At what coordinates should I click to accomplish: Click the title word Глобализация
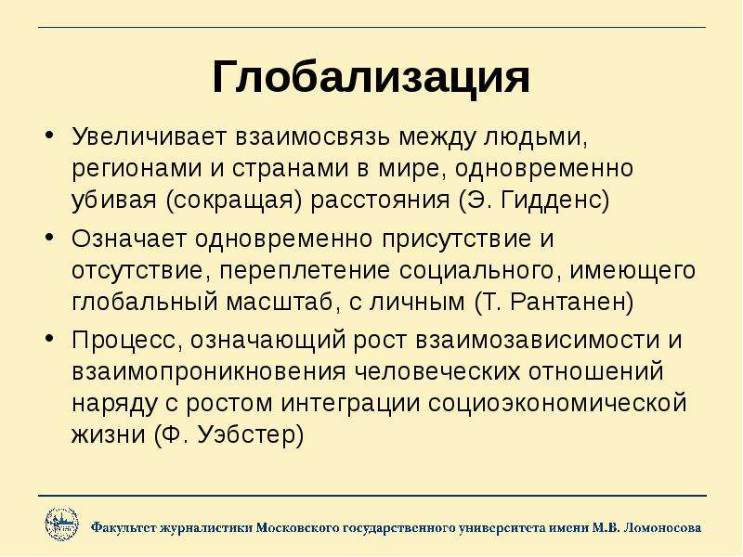point(371,78)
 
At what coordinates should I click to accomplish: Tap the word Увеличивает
point(150,136)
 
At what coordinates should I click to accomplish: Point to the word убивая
point(114,201)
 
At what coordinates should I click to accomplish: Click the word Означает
point(129,239)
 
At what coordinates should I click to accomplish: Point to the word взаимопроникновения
point(209,372)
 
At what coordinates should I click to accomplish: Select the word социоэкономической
point(557,404)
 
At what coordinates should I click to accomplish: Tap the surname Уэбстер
point(250,434)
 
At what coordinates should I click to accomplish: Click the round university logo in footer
point(61,525)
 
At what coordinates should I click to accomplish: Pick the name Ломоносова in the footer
point(663,527)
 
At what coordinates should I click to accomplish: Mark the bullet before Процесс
point(50,340)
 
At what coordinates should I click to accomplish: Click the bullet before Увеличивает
point(50,135)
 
